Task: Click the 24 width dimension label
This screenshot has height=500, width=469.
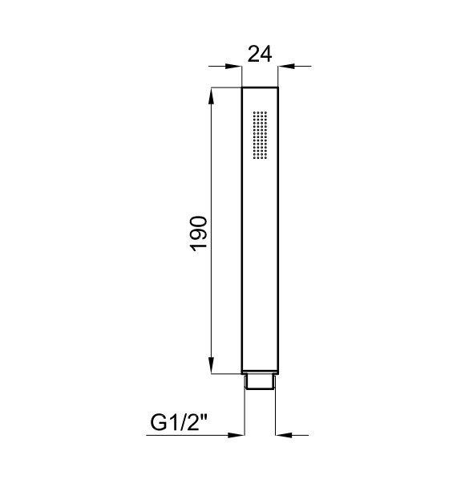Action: click(x=260, y=54)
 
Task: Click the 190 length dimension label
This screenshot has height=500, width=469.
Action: click(x=199, y=234)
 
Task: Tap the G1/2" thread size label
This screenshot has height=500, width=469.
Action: click(x=179, y=423)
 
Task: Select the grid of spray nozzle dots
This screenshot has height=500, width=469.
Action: click(x=260, y=135)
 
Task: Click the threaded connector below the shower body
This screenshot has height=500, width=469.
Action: click(x=260, y=382)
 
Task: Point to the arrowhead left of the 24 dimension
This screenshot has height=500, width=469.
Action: click(x=232, y=67)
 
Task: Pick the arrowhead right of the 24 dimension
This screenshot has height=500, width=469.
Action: click(x=286, y=67)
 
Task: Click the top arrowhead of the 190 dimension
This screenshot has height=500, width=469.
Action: click(x=211, y=96)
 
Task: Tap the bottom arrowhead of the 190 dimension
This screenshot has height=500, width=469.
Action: click(x=211, y=365)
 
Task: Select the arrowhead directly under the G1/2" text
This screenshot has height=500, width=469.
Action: click(x=236, y=435)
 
